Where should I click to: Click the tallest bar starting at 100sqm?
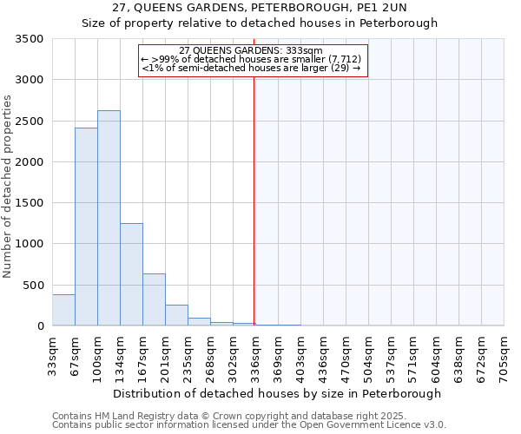109,218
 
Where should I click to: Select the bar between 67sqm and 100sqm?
86,227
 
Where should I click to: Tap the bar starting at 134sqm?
131,274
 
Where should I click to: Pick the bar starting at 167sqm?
154,299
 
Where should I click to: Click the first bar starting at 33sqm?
63,310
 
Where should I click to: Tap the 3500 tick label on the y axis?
30,40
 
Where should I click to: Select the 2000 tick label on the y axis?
30,162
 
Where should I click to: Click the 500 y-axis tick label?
34,286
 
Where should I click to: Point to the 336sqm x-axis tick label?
255,355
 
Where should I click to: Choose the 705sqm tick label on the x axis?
504,355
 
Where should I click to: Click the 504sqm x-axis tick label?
368,355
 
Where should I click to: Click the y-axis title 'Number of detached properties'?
8,187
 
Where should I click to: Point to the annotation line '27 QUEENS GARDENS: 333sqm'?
250,50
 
